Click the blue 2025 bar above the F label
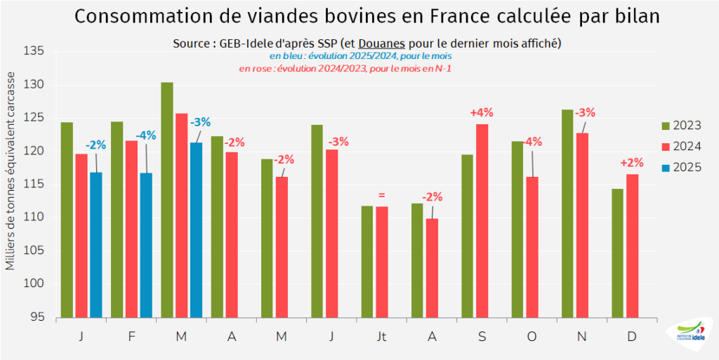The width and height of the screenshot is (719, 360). tap(146, 245)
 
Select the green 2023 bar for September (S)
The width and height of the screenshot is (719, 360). tap(467, 236)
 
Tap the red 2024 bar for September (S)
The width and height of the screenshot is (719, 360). tap(482, 220)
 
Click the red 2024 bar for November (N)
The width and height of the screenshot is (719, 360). tap(582, 225)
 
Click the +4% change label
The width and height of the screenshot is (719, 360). tap(482, 112)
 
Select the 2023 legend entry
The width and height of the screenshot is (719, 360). tap(682, 126)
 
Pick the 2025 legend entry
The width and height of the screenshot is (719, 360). tap(682, 168)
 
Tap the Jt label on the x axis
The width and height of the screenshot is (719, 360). tap(381, 336)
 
